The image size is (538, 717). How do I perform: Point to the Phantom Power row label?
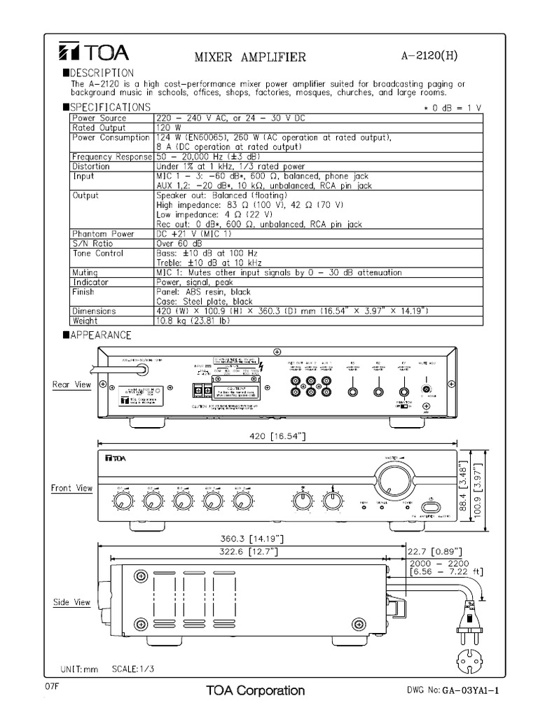click(x=102, y=233)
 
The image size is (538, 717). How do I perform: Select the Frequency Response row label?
click(x=112, y=158)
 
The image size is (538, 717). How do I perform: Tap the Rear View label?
click(x=72, y=384)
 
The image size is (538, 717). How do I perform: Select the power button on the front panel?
click(x=431, y=504)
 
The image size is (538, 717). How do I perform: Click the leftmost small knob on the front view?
click(x=122, y=500)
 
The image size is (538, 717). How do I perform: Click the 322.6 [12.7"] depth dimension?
click(x=246, y=552)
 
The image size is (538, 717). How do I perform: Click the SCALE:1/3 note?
click(x=132, y=669)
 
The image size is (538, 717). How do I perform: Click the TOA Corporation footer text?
click(x=255, y=690)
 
